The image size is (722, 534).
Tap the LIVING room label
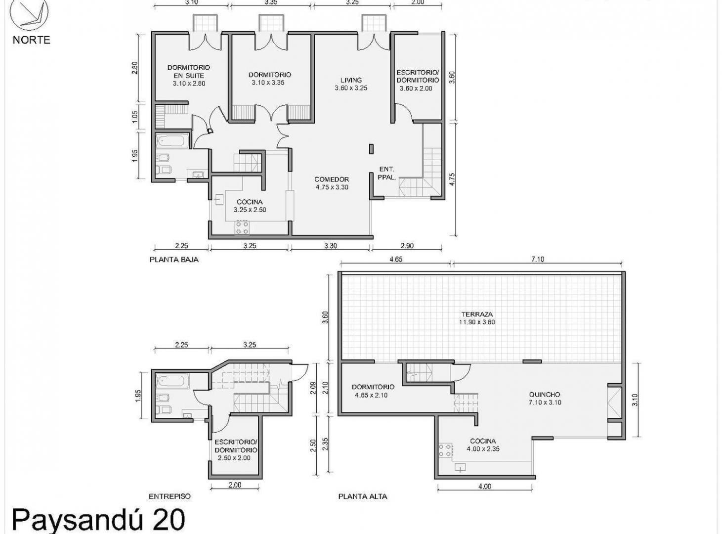[x=351, y=80]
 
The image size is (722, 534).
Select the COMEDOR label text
[x=332, y=179]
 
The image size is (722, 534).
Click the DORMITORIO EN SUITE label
[x=189, y=72]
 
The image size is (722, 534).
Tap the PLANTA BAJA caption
[x=174, y=260]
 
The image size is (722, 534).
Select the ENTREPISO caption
[x=170, y=496]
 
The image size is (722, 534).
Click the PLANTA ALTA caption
[x=363, y=496]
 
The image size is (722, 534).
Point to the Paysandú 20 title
[x=98, y=520]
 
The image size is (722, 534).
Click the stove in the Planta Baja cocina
[x=242, y=227]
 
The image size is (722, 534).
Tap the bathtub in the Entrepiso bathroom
[x=172, y=381]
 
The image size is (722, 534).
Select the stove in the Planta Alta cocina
[x=445, y=450]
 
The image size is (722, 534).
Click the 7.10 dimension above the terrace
[x=538, y=259]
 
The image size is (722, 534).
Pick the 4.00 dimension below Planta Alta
[x=485, y=487]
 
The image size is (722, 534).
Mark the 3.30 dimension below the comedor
[x=331, y=246]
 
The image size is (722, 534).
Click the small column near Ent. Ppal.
[x=372, y=148]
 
